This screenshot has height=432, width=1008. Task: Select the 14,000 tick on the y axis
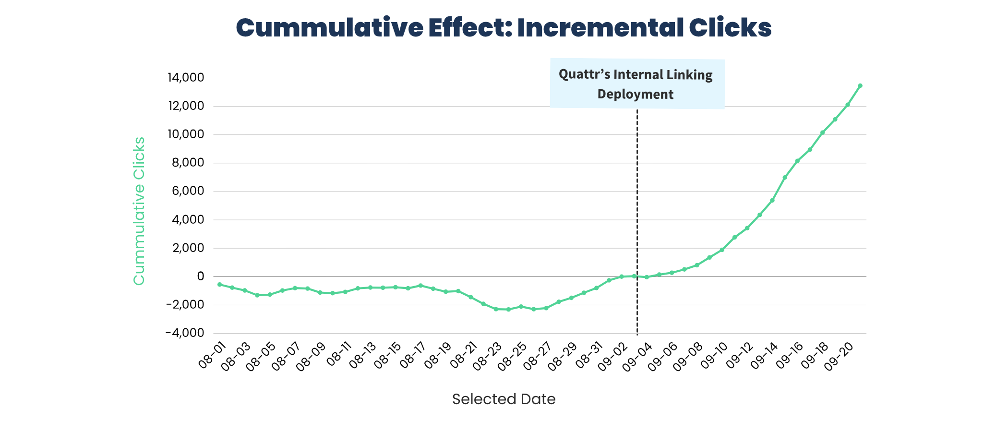[x=185, y=77]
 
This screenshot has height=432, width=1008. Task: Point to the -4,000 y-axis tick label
[x=185, y=333]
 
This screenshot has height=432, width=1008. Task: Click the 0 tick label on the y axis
[x=200, y=276]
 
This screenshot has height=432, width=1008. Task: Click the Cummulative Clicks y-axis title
[x=139, y=211]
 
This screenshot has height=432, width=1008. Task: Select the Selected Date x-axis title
[x=504, y=399]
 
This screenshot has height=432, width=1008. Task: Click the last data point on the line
[x=860, y=85]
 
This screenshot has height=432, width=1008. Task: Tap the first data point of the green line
[x=219, y=284]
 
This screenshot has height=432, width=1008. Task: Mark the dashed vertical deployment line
[x=637, y=216]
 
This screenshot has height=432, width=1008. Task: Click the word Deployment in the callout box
[x=635, y=94]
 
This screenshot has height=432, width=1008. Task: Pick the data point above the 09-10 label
[x=722, y=250]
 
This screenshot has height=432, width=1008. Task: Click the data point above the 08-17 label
[x=420, y=286]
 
